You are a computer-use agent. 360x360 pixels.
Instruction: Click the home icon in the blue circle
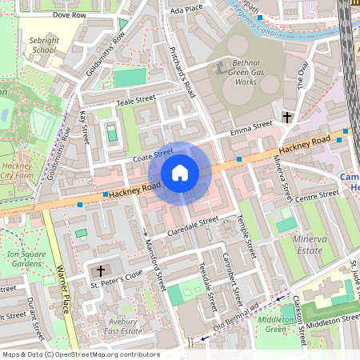coord(180,172)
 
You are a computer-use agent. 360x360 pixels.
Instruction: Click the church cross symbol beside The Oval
coord(287,118)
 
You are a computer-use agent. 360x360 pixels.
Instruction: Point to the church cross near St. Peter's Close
coord(100,271)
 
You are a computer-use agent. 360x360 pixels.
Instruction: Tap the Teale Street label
coord(134,100)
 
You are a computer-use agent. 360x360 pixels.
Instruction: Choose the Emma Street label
coord(251,129)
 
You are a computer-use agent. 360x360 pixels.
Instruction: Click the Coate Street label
coord(153,152)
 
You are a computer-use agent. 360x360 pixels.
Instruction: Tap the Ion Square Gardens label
coord(24,258)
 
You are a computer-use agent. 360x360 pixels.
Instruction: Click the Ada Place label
coord(186,10)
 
